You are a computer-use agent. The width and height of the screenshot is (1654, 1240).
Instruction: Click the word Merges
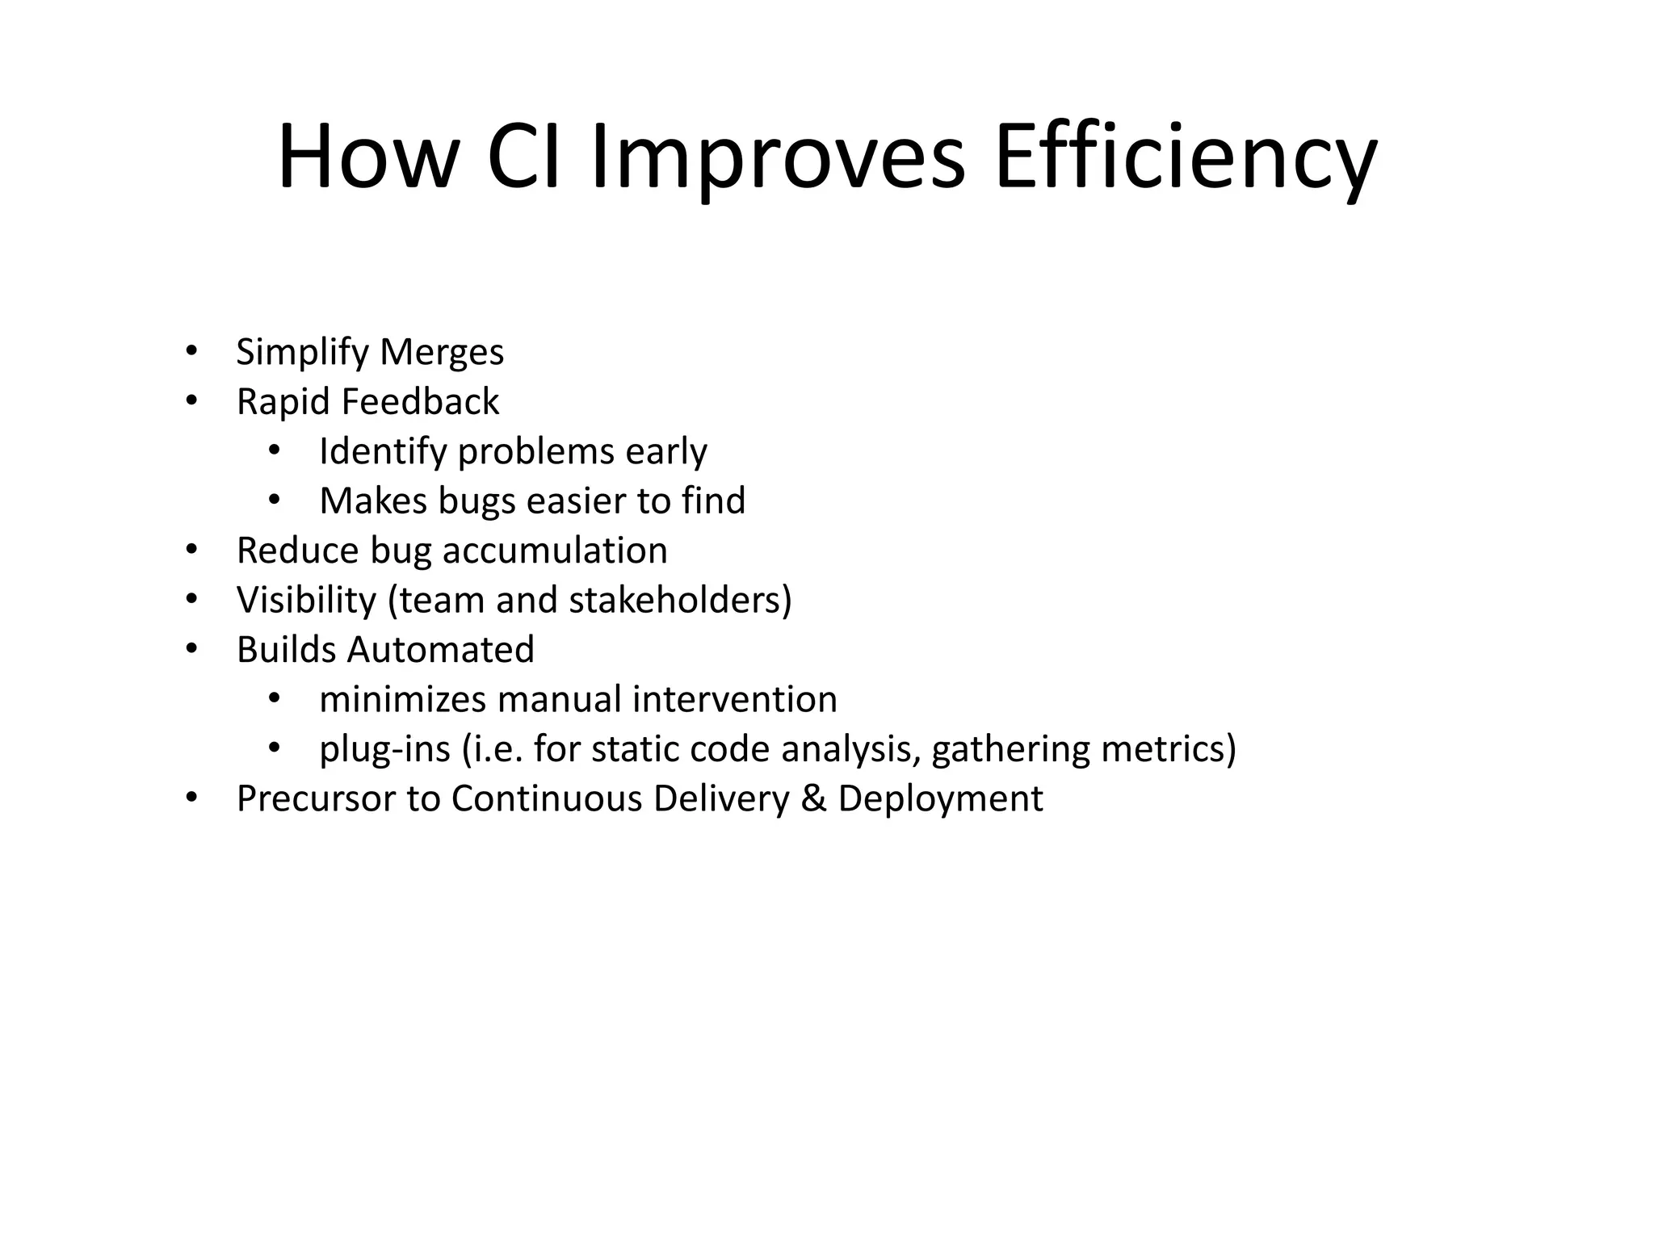(442, 353)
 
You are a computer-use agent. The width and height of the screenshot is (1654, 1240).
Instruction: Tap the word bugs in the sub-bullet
(476, 501)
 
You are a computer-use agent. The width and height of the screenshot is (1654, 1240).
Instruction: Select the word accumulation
(555, 551)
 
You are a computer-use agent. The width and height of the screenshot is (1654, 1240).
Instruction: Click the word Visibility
(306, 601)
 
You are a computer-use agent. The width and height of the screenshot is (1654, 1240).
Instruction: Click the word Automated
(441, 650)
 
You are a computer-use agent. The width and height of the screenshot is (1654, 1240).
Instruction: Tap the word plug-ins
(384, 749)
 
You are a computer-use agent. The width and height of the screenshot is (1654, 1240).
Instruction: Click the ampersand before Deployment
(813, 798)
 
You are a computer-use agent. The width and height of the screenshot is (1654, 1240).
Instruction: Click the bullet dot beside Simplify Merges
(191, 351)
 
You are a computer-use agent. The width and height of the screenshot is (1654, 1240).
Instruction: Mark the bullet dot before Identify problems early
(274, 450)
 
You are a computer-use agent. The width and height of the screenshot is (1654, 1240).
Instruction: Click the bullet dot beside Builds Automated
(191, 649)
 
